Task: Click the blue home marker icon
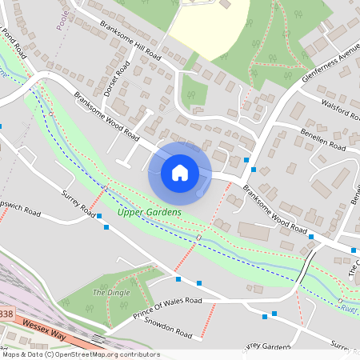180,172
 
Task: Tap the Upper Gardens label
149,212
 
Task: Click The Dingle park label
110,292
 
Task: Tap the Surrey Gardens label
266,346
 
